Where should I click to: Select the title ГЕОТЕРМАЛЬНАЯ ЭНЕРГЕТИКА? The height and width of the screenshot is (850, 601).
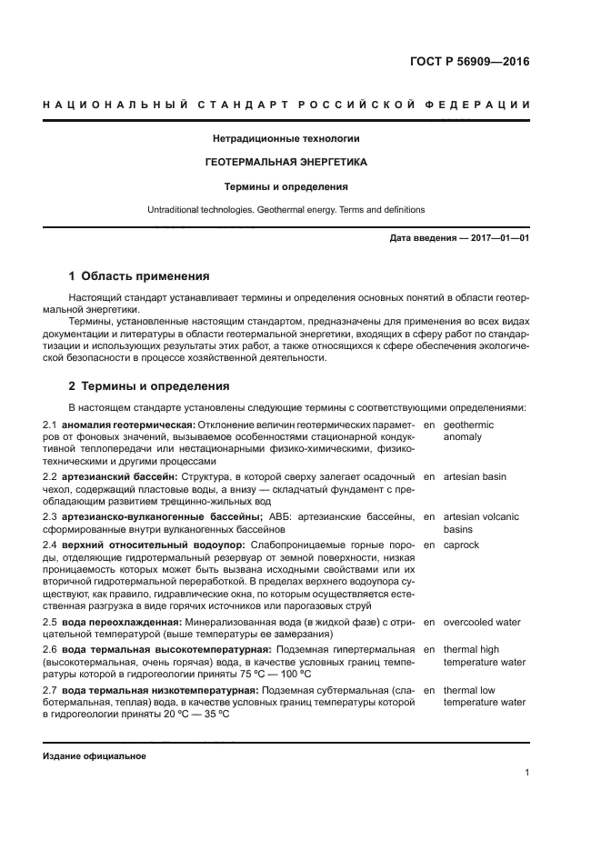coord(286,162)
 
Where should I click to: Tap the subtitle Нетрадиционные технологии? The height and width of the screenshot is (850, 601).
coord(286,138)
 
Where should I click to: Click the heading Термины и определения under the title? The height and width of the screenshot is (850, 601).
coord(286,186)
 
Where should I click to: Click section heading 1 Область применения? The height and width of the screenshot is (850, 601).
coord(139,275)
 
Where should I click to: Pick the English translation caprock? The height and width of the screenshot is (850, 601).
coord(461,545)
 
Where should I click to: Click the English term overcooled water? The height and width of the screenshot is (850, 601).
coord(482,623)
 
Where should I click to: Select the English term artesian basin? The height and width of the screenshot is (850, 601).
coord(475,476)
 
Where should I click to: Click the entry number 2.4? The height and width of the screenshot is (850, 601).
coord(51,545)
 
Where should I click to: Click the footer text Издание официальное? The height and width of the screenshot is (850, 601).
coord(95,755)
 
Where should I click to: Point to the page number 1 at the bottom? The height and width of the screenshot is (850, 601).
coord(526,773)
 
